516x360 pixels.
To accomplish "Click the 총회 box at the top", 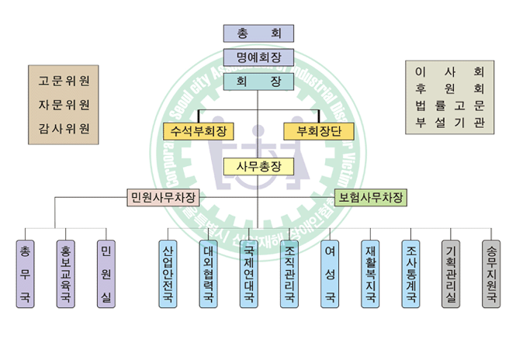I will (258, 33).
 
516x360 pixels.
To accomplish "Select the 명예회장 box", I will (258, 57).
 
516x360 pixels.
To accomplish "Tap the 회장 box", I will (258, 81).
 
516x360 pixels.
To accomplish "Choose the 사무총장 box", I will (258, 167).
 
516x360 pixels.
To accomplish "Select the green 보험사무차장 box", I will (371, 198).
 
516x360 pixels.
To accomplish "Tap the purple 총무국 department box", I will (26, 273).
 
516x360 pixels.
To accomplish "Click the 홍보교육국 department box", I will (66, 273).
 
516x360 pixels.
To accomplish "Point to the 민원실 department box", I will (106, 273).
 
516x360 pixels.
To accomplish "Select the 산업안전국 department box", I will (168, 273).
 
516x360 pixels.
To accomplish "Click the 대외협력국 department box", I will (209, 273).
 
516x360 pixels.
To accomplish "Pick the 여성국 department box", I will (330, 273).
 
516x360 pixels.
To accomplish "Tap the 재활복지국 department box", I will (370, 273).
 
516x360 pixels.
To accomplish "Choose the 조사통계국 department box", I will (410, 273).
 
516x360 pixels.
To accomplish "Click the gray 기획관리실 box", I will (451, 273).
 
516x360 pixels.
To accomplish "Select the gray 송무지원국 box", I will (491, 273).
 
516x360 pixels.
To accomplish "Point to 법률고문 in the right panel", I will (450, 105).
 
